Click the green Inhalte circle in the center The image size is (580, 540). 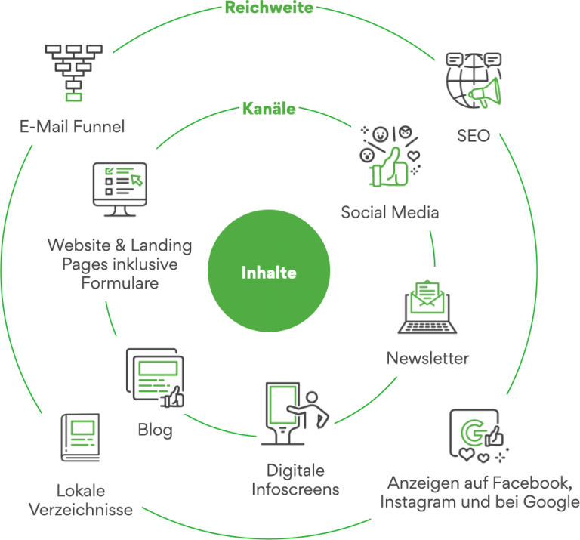point(269,273)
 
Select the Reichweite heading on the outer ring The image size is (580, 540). point(269,8)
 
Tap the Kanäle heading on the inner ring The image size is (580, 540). point(269,109)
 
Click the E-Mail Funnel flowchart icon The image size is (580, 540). point(73,72)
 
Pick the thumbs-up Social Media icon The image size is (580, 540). point(389,156)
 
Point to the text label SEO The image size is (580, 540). point(474,137)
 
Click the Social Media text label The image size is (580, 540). point(390,212)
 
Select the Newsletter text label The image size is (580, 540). point(427,358)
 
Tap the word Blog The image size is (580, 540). point(155,430)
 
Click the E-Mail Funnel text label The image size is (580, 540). point(72,126)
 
